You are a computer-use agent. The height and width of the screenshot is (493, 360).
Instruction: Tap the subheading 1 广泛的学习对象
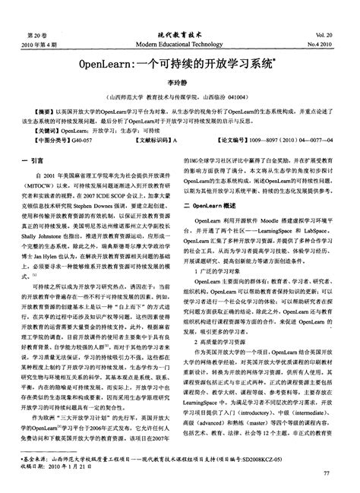point(219,269)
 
